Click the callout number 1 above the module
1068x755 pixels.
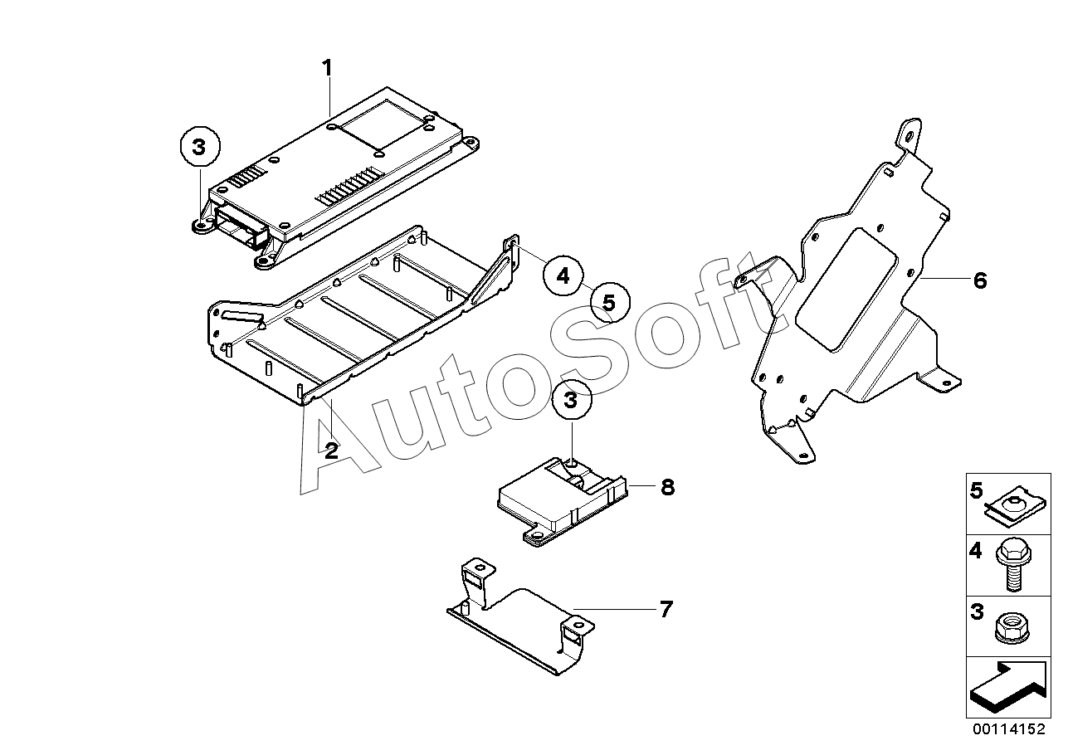328,67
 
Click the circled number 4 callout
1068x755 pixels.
563,275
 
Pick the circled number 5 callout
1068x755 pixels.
608,303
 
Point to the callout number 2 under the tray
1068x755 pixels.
331,451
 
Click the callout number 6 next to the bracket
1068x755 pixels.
980,281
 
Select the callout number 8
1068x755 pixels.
667,487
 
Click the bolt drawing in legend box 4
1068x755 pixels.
1012,563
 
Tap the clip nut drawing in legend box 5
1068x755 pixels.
1012,504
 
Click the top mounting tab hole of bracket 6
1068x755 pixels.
910,136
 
